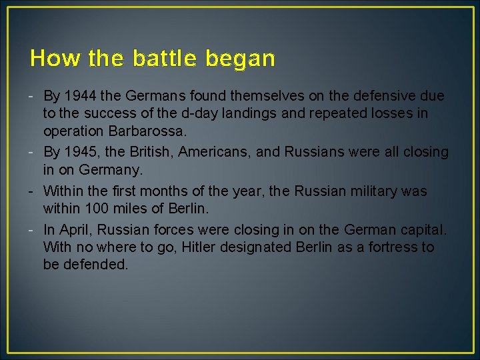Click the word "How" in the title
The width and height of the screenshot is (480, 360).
point(45,59)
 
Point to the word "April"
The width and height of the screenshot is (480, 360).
point(75,230)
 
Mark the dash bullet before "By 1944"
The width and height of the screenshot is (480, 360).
point(33,96)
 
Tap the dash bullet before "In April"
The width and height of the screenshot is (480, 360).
point(33,230)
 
